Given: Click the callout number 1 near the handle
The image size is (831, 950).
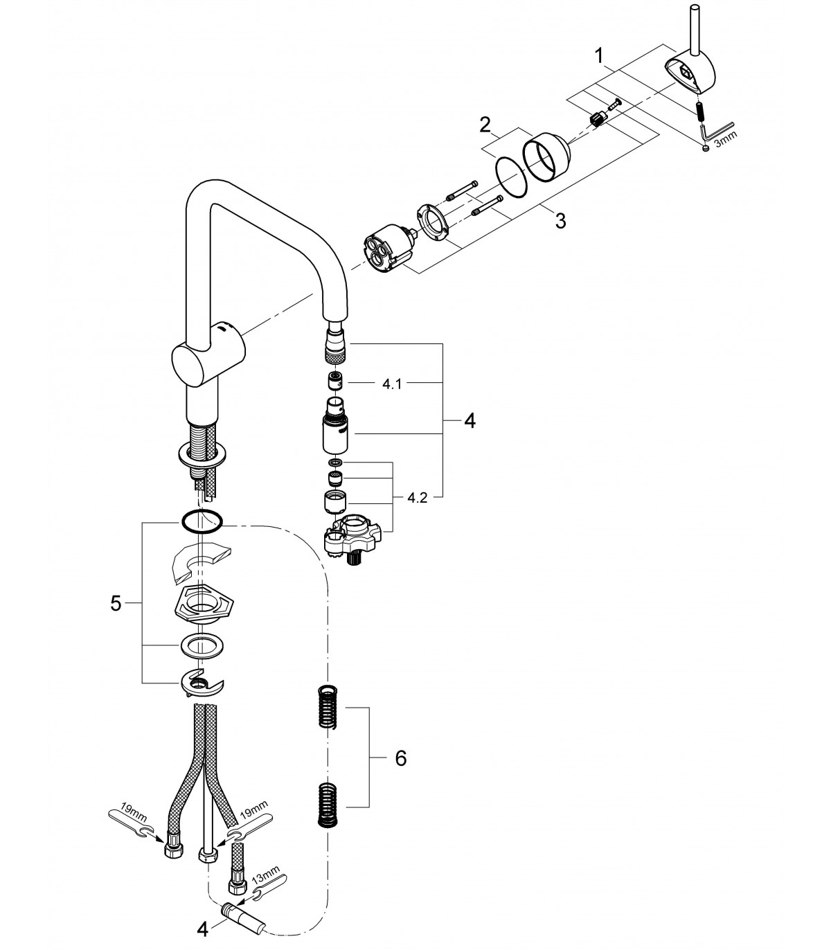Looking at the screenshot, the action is point(599,56).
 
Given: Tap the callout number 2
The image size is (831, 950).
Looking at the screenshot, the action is point(485,125).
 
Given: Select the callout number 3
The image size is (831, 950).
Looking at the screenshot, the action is point(562,221).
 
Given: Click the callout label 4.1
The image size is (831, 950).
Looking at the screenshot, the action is point(392,384).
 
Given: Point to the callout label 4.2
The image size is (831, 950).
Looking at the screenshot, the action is point(417,498).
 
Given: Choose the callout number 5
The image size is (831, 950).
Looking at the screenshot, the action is point(116,603).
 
